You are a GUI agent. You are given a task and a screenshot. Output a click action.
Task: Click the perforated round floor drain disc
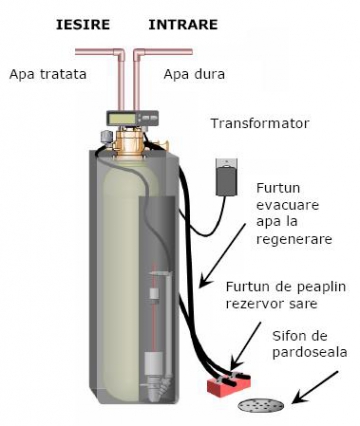262,406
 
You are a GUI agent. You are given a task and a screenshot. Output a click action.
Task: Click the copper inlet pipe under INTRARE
141,75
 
